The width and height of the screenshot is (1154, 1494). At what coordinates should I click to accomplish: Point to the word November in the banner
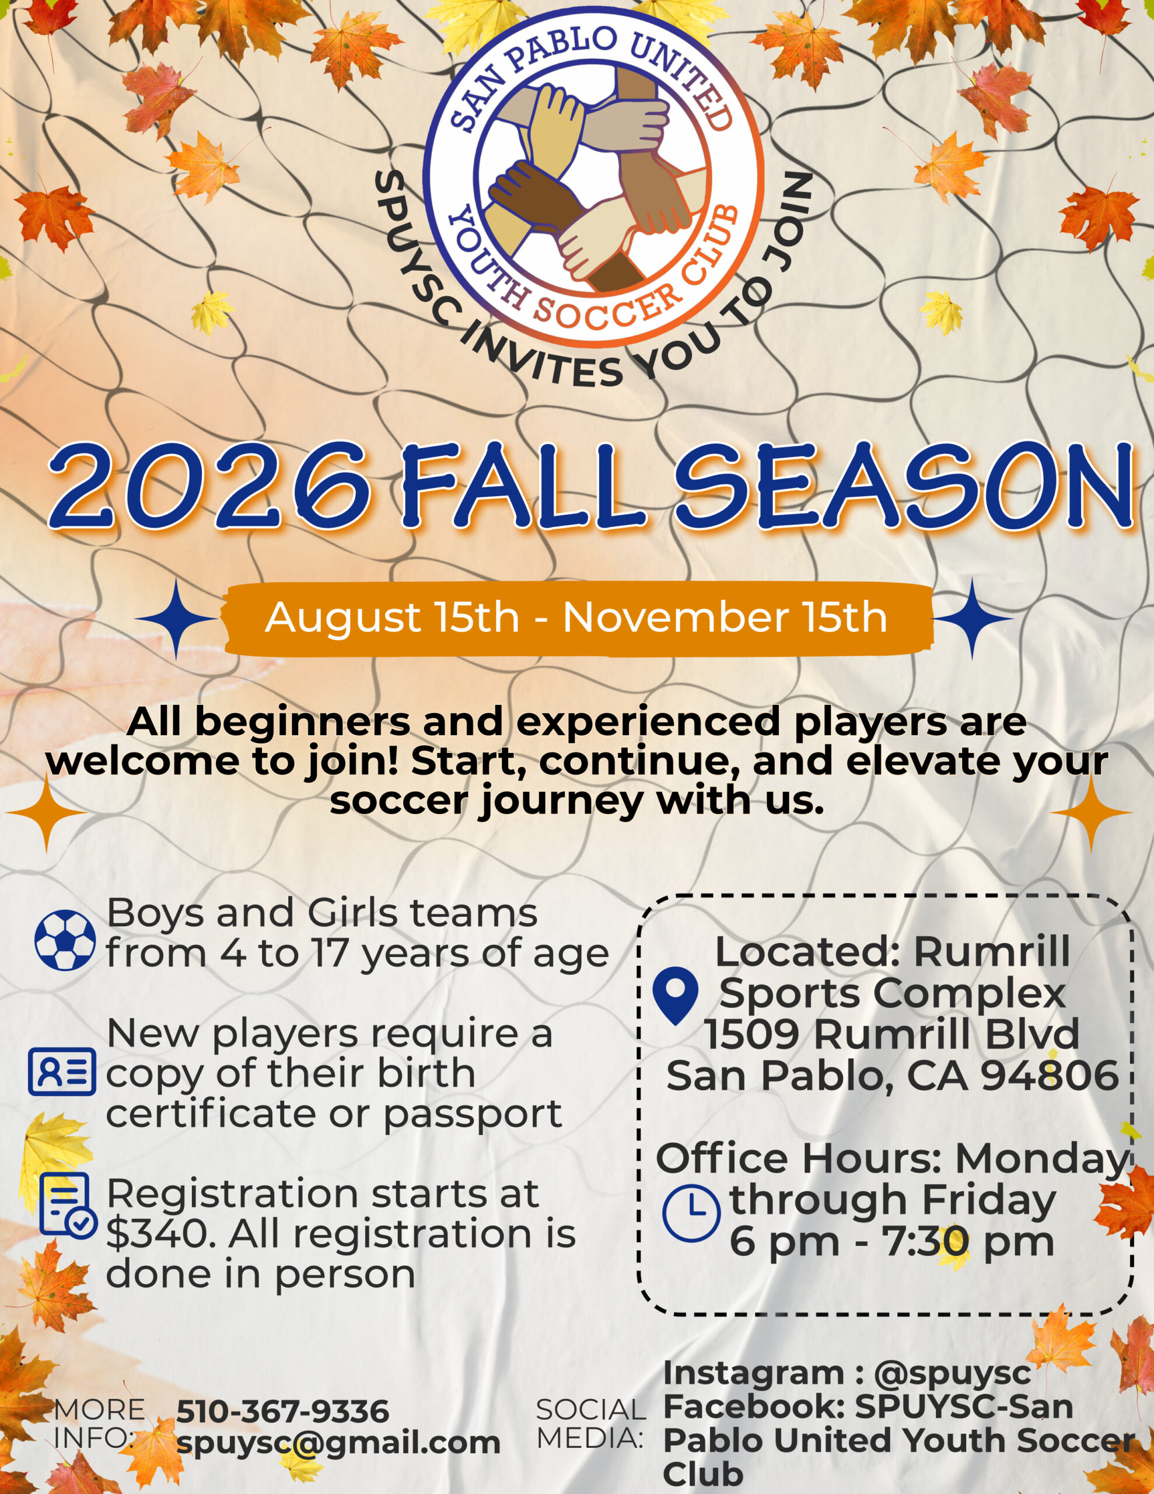pyautogui.click(x=674, y=617)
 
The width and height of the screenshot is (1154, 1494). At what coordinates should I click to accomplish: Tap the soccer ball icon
pyautogui.click(x=65, y=939)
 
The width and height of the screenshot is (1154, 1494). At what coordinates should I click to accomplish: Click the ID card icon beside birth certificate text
pyautogui.click(x=62, y=1071)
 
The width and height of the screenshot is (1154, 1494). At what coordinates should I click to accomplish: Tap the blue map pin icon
pyautogui.click(x=675, y=999)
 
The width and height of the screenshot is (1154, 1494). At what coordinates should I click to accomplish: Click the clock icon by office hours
pyautogui.click(x=691, y=1213)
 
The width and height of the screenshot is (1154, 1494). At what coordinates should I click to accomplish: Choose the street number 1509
pyautogui.click(x=754, y=1034)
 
